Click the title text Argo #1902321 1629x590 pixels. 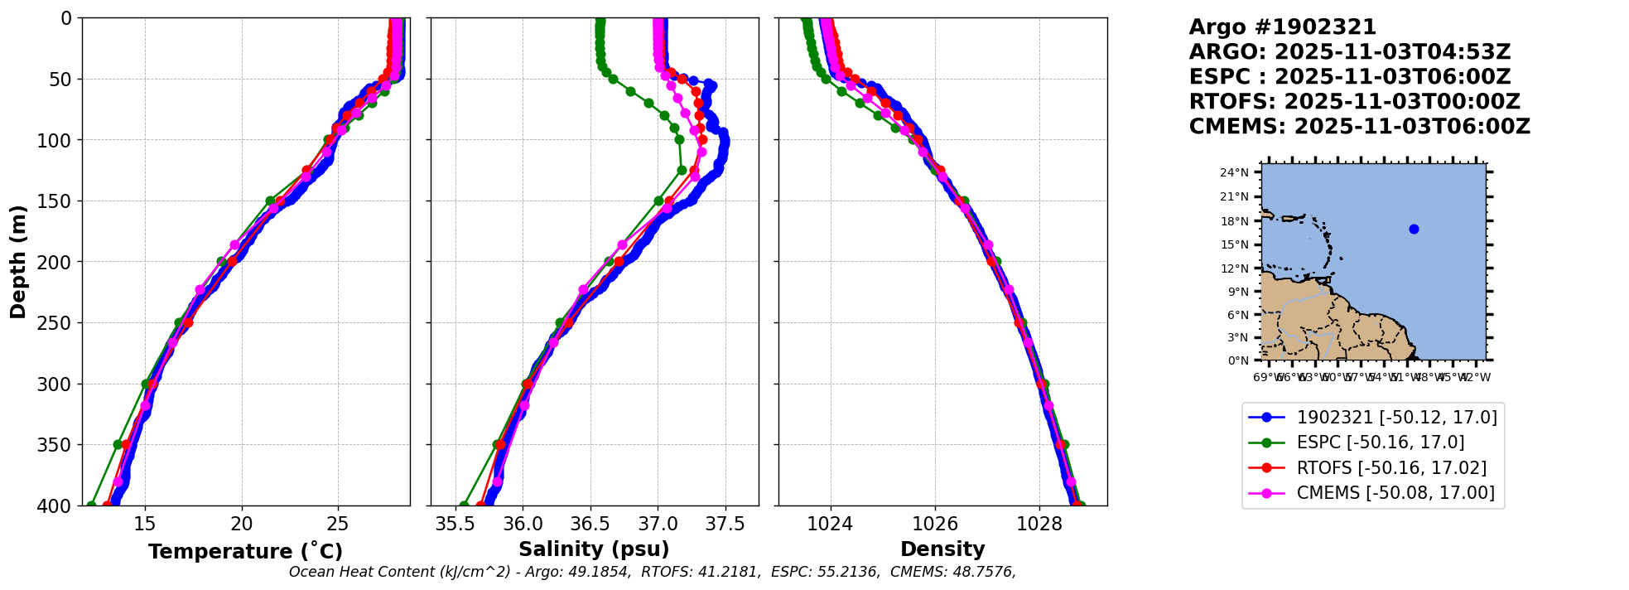1282,27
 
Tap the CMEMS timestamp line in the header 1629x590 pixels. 1359,127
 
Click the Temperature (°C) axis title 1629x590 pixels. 245,551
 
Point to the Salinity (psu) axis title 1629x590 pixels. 594,549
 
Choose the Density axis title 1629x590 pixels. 942,549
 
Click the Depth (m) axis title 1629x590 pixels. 18,261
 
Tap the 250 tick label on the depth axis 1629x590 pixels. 60,323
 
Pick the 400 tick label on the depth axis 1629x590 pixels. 60,505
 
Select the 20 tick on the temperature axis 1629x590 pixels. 242,525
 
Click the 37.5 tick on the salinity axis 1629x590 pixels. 725,525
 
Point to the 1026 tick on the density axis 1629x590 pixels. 935,525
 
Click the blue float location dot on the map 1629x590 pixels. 1414,229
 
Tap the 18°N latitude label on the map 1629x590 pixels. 1234,221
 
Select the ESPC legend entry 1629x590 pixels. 1380,442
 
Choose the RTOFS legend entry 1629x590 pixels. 1390,468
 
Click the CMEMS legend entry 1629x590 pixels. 1395,493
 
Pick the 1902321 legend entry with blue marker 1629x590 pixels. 1396,418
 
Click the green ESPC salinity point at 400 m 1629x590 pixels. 464,505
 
